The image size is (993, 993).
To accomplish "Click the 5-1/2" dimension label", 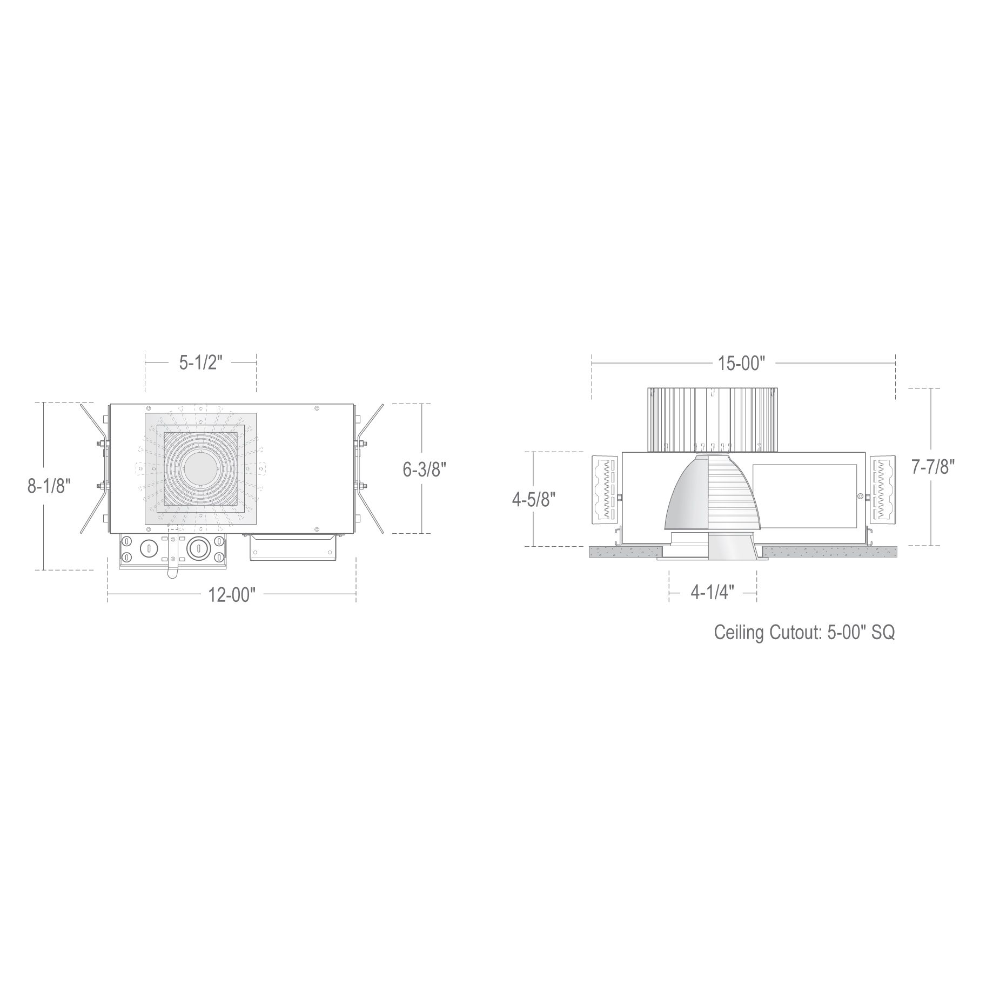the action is pyautogui.click(x=200, y=363).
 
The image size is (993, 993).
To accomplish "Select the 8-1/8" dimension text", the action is pyautogui.click(x=49, y=486).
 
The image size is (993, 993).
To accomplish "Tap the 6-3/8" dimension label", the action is pyautogui.click(x=424, y=469).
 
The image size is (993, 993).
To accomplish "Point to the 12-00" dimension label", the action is pyautogui.click(x=231, y=595).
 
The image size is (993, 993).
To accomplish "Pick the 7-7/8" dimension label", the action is pyautogui.click(x=933, y=467).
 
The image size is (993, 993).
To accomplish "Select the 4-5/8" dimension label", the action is pyautogui.click(x=534, y=500).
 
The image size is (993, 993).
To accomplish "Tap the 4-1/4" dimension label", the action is pyautogui.click(x=713, y=594).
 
